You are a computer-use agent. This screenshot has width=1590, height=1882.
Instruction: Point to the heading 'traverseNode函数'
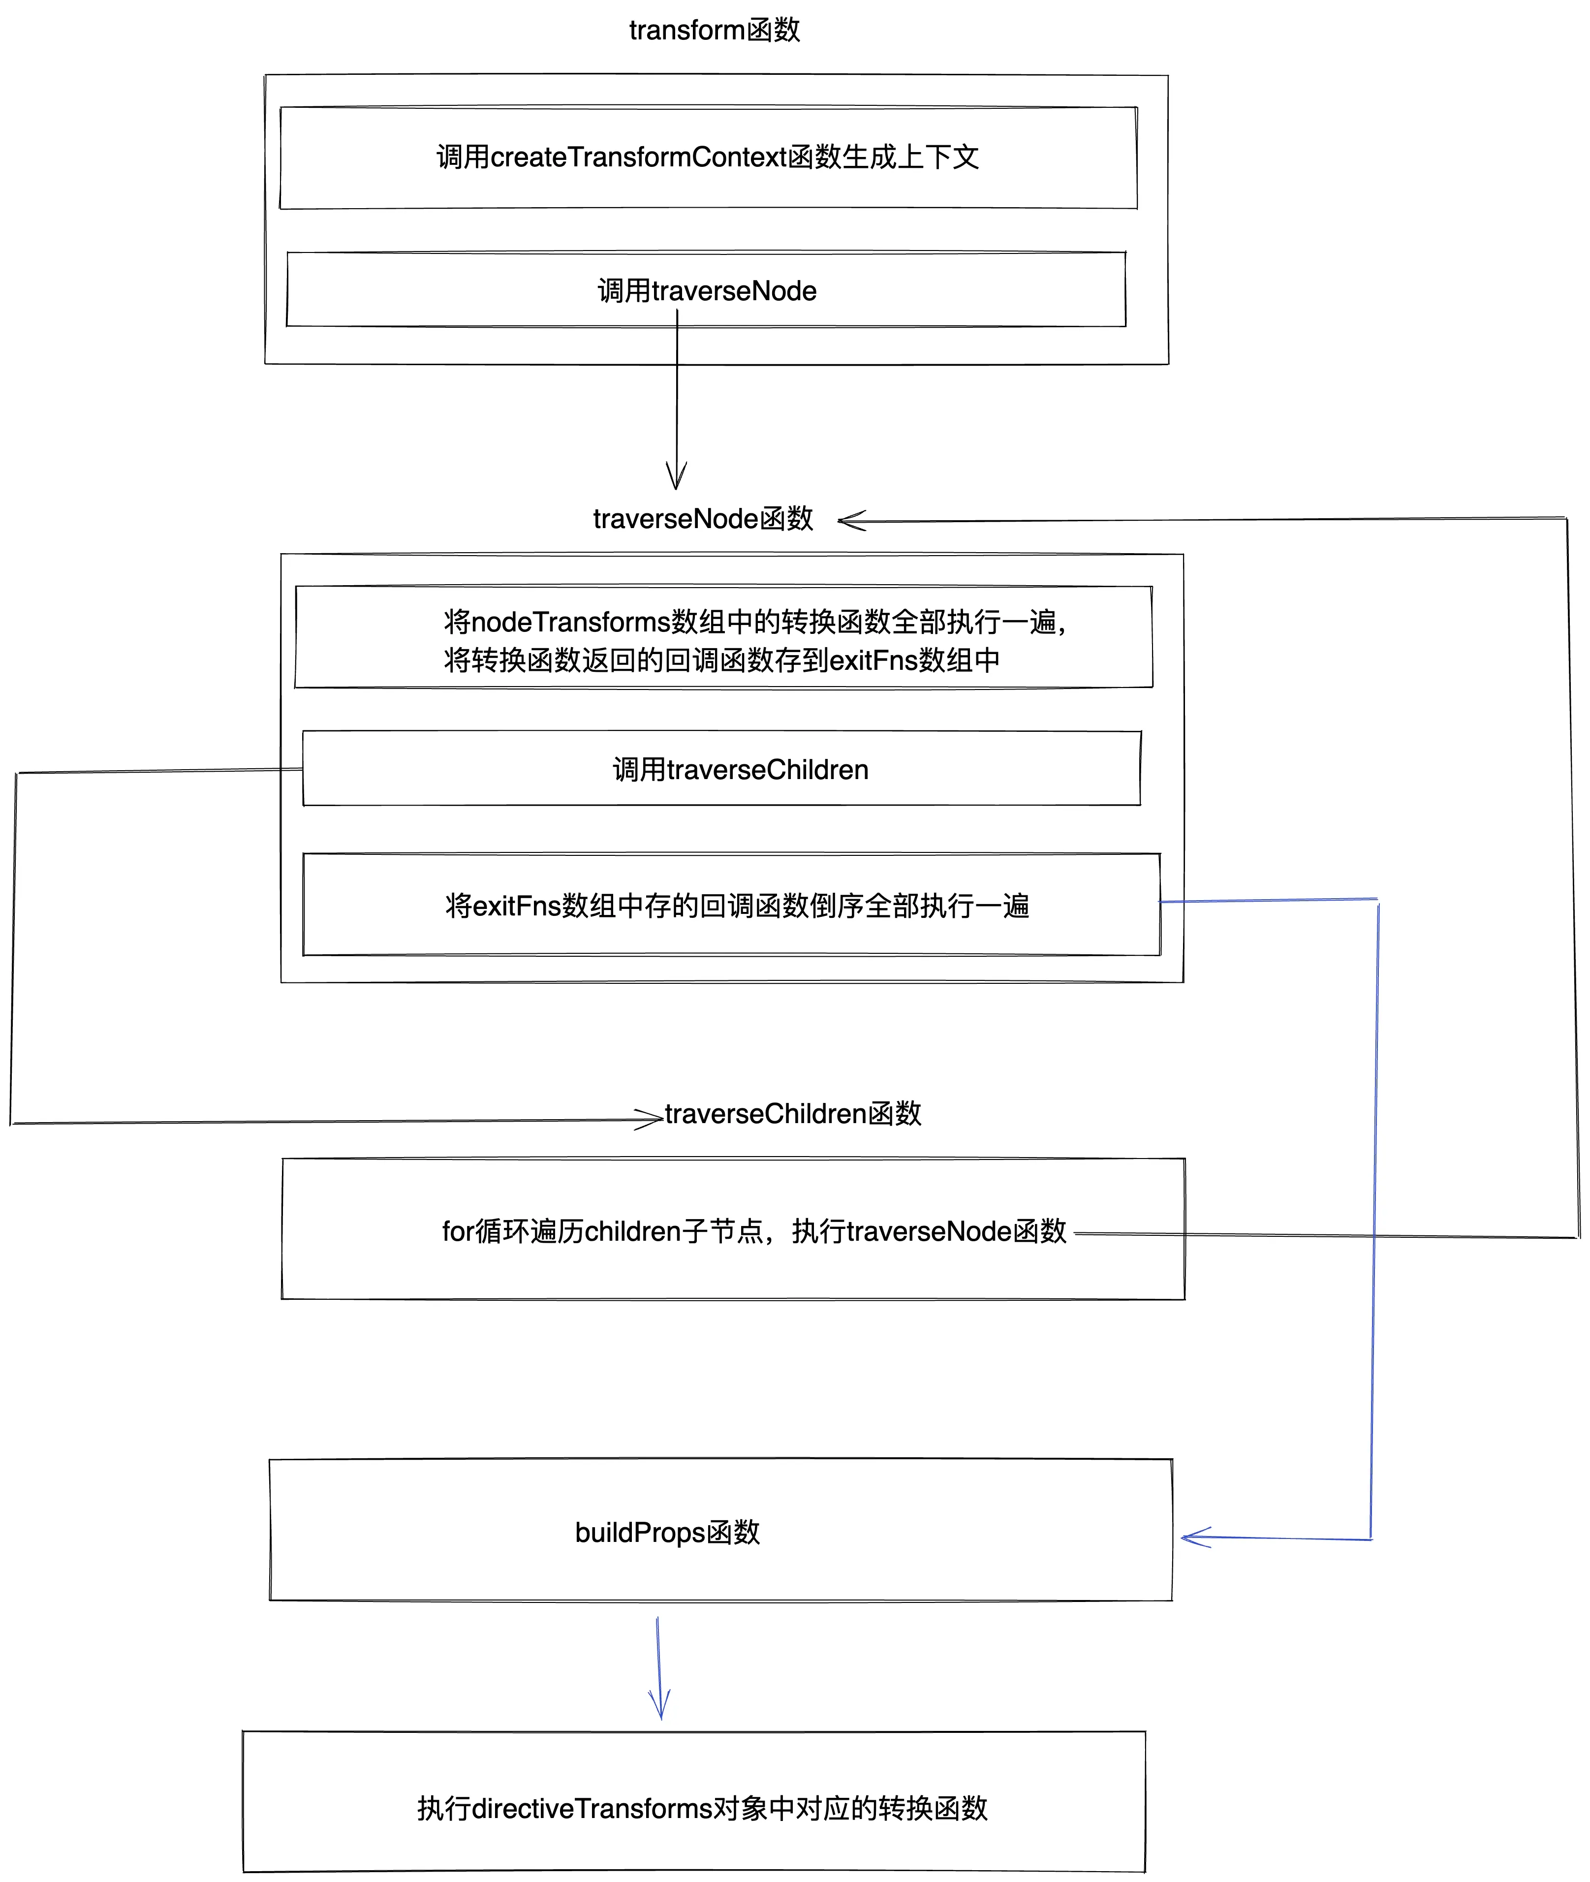[x=703, y=519]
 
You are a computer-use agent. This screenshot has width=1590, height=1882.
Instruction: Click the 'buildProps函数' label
[x=667, y=1532]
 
